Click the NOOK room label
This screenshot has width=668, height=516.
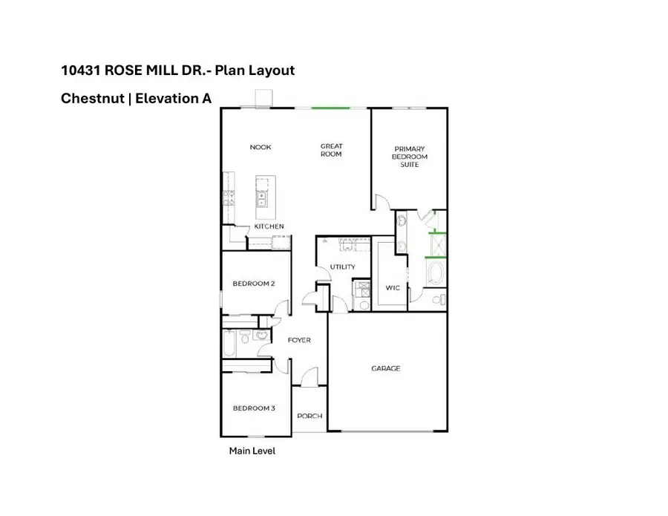tap(261, 147)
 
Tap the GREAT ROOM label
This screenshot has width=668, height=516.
tap(331, 150)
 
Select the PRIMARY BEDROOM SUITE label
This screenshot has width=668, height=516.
tap(410, 156)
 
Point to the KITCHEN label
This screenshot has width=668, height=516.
tap(269, 226)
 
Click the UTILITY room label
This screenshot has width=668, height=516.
tap(342, 267)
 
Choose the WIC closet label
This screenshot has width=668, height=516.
tap(393, 287)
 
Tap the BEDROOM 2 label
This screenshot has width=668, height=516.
tap(254, 284)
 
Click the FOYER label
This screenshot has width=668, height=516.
tap(298, 340)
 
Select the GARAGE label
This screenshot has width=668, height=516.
tap(386, 368)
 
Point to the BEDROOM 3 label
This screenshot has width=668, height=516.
tap(254, 408)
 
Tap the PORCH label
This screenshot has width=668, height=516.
tap(310, 416)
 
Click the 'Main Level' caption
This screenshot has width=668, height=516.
tap(252, 451)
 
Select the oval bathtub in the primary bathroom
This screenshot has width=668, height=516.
tap(436, 272)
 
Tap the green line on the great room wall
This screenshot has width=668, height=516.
tap(330, 108)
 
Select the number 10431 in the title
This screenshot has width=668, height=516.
tap(80, 71)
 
